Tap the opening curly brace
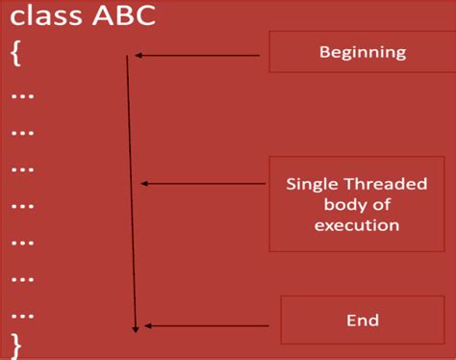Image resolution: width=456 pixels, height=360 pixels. pos(14,53)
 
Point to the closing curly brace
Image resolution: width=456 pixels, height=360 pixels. pos(14,340)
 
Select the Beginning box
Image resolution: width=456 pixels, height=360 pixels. pos(362,52)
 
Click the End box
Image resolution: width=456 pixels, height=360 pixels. pos(362,321)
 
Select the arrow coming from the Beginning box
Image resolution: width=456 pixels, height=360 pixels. pos(202,56)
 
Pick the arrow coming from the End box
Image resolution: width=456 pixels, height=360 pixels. pos(207,325)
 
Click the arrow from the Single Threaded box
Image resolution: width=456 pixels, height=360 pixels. pos(207,183)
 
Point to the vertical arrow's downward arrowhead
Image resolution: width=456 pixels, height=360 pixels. pos(137,328)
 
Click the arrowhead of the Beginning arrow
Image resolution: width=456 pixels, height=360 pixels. pos(139,56)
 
